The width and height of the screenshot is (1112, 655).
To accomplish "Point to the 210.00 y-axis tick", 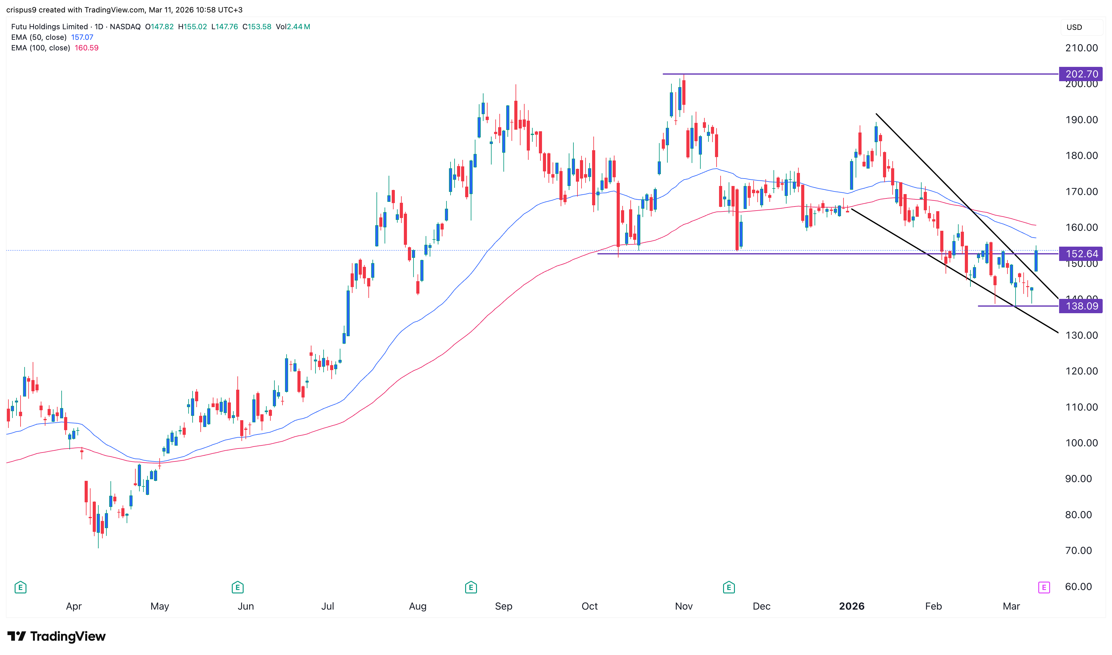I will [1081, 48].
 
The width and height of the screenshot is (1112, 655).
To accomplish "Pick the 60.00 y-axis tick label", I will [1078, 587].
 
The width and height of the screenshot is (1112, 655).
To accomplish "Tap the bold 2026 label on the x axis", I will [852, 606].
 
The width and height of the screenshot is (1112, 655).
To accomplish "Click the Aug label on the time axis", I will [418, 606].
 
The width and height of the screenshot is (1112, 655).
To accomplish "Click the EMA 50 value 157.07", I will [82, 37].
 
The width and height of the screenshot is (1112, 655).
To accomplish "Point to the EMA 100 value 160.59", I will [86, 48].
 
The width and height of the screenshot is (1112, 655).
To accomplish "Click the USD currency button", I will [1074, 27].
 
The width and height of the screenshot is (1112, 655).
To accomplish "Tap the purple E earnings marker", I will [1044, 588].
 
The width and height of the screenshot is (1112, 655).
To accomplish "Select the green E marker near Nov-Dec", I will [729, 588].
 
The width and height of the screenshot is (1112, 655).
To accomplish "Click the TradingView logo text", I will [68, 636].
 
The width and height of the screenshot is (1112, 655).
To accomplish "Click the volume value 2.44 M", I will [298, 26].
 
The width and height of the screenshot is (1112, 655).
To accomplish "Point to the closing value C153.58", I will [257, 26].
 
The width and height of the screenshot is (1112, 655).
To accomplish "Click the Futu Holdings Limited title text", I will [49, 26].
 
